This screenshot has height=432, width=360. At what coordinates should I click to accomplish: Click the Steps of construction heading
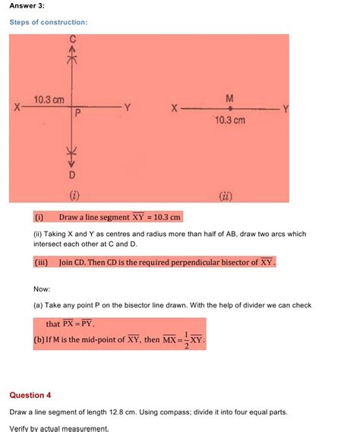pyautogui.click(x=48, y=22)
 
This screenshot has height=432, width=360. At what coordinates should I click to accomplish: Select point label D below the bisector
pyautogui.click(x=73, y=175)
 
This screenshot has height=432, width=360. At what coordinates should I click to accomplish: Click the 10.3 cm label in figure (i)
pyautogui.click(x=49, y=99)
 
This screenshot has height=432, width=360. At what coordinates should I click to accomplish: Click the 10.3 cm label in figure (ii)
pyautogui.click(x=230, y=120)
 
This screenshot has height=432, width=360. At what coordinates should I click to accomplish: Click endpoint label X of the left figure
pyautogui.click(x=17, y=109)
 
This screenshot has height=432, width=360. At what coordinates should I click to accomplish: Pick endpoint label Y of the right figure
pyautogui.click(x=286, y=109)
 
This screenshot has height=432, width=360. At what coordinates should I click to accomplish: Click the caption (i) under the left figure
pyautogui.click(x=74, y=194)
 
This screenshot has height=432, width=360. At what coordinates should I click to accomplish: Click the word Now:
pyautogui.click(x=42, y=289)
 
